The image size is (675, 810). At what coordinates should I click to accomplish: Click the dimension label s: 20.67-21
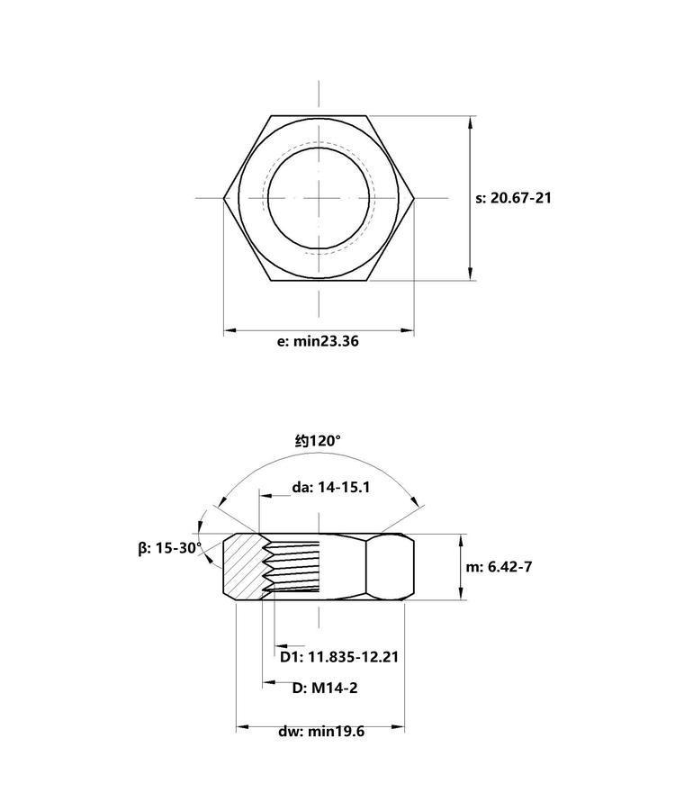coord(513,198)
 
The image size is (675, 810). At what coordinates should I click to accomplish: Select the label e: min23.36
coord(318,341)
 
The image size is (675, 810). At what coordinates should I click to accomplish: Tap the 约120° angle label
coord(318,441)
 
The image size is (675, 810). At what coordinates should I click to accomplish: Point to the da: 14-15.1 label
coord(331,487)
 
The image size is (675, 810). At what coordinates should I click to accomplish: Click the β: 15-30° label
coord(170,548)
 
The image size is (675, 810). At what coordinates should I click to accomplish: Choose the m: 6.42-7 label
coord(499,567)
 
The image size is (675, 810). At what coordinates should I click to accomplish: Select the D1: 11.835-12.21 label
coord(339,657)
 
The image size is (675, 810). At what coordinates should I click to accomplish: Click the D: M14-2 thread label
coord(325,688)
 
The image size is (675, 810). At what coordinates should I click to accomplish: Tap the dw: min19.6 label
coord(321,732)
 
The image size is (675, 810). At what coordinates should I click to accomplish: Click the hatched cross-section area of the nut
coord(242,566)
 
